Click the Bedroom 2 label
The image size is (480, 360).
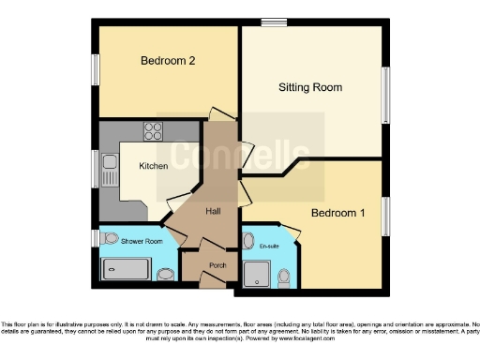(x=168, y=61)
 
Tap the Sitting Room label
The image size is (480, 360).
(x=309, y=87)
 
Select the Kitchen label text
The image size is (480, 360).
(x=154, y=166)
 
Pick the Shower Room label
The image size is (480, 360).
(x=141, y=241)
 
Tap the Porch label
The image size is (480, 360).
(x=217, y=265)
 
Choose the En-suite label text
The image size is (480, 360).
(x=269, y=246)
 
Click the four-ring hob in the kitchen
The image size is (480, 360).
(x=151, y=130)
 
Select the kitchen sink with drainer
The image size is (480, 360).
(x=110, y=170)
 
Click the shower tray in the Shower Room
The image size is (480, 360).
(x=126, y=270)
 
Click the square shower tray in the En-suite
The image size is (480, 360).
(x=256, y=274)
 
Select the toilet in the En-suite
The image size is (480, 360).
(x=285, y=276)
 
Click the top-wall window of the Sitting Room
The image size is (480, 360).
(x=274, y=22)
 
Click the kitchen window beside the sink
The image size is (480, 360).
(x=95, y=169)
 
